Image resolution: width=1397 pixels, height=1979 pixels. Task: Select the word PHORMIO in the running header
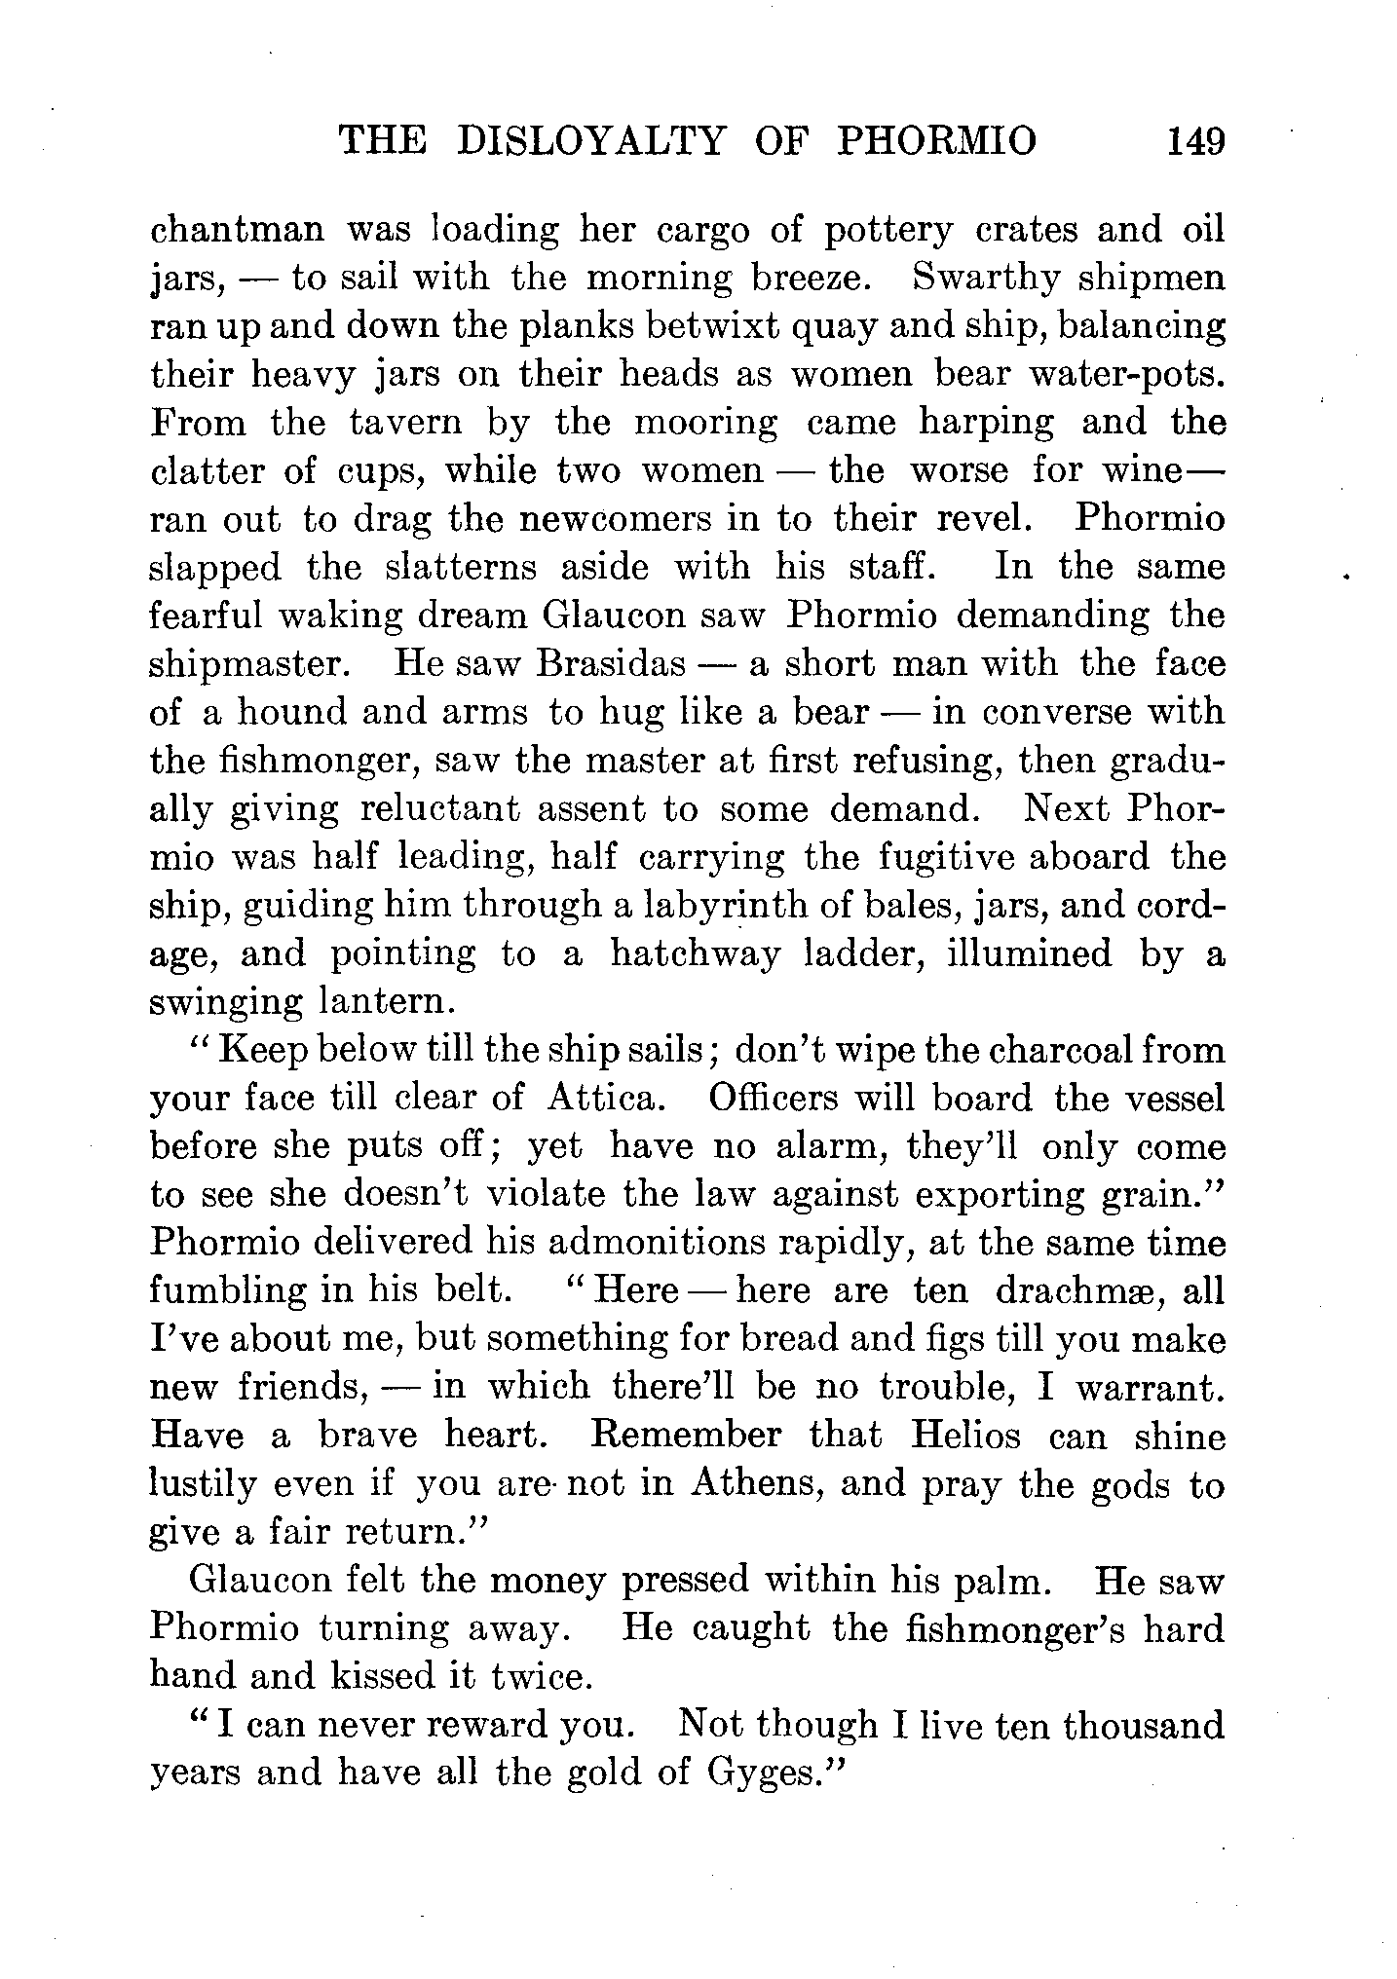[937, 142]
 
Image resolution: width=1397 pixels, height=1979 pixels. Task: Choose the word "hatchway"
[695, 953]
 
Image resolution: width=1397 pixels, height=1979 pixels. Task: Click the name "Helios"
[965, 1436]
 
